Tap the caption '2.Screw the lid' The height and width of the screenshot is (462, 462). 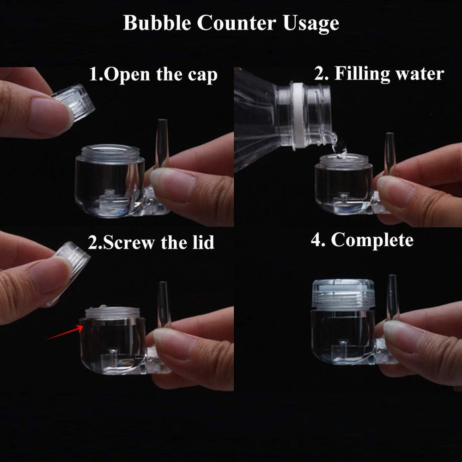pos(151,242)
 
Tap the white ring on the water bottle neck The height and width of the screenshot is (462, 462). pos(297,115)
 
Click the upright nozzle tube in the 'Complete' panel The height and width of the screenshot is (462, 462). pos(392,296)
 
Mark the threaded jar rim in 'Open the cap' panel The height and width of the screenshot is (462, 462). pos(109,154)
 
